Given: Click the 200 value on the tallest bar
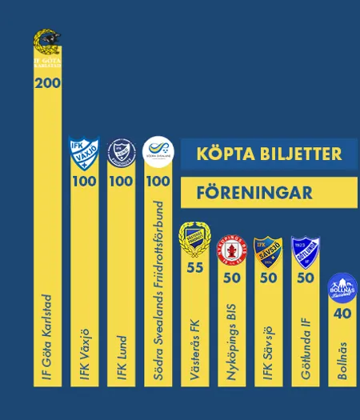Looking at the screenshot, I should point(47,83).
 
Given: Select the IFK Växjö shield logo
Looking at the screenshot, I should point(84,152).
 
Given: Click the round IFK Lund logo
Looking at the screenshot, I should point(121,152).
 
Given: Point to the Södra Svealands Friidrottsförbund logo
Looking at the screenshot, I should point(158,151).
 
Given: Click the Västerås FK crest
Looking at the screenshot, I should point(194,239).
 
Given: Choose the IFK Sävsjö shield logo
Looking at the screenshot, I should point(268,250).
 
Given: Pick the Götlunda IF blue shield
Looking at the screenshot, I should point(305,250).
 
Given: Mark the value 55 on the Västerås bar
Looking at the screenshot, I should point(194,267).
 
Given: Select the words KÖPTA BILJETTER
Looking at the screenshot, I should point(269,154).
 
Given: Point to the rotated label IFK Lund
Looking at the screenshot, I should point(122,357).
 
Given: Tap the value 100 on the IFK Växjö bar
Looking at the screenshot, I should point(84,181).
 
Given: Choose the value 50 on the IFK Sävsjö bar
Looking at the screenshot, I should point(268,278).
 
